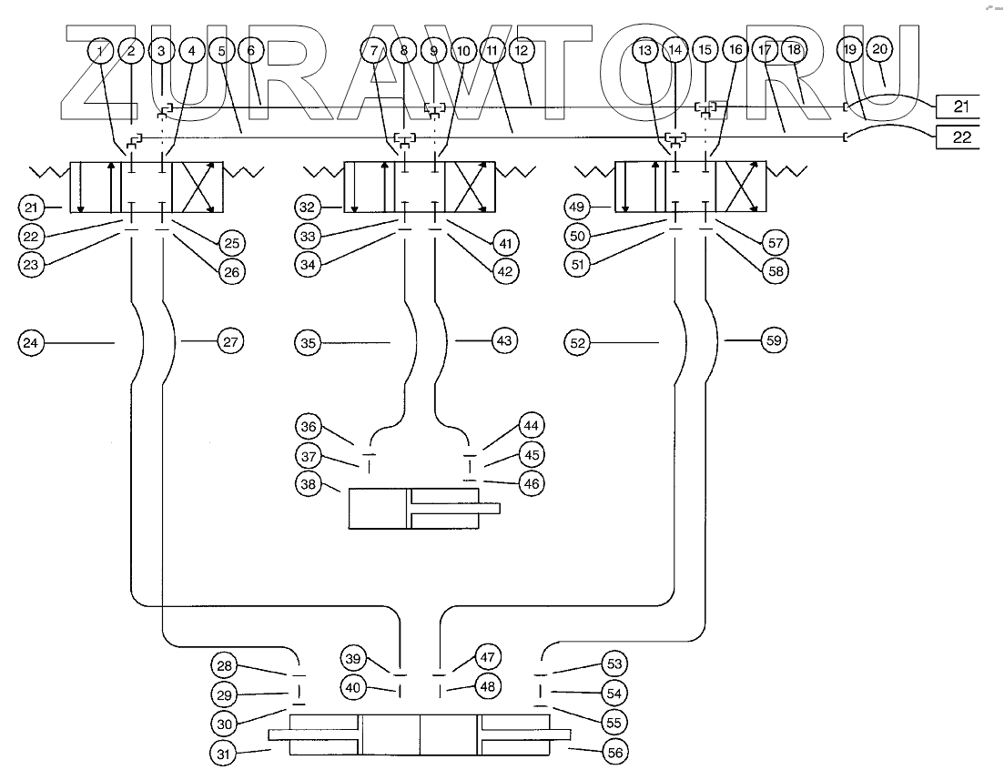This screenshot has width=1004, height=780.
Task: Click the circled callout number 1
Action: pyautogui.click(x=102, y=52)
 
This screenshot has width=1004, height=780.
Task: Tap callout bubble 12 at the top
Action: pyautogui.click(x=521, y=52)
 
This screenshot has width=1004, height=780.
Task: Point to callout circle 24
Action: pyautogui.click(x=32, y=342)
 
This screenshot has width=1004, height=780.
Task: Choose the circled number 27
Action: pyautogui.click(x=228, y=342)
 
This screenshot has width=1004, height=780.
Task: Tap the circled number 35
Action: pyautogui.click(x=309, y=342)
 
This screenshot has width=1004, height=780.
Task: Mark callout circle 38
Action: pyautogui.click(x=308, y=486)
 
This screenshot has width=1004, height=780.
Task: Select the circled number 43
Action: pyautogui.click(x=505, y=341)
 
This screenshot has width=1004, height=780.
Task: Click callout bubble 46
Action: pyautogui.click(x=532, y=483)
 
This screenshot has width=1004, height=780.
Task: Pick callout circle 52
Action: pyautogui.click(x=578, y=342)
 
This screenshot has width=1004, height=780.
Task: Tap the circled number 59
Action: pyautogui.click(x=773, y=342)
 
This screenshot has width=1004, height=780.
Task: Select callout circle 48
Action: pyautogui.click(x=487, y=686)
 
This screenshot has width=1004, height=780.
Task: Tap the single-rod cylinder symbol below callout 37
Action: pyautogui.click(x=424, y=509)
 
